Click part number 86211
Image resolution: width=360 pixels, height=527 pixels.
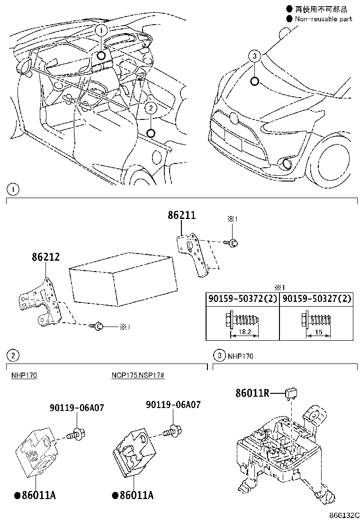[x=181, y=216]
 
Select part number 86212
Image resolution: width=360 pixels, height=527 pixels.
[x=46, y=257]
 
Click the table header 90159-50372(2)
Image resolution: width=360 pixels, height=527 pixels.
[x=242, y=299]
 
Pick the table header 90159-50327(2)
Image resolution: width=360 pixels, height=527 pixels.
[x=316, y=299]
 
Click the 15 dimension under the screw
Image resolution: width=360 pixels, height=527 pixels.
[x=318, y=333]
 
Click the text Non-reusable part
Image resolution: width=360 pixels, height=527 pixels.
[x=324, y=19]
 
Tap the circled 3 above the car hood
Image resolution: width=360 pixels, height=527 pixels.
[x=254, y=56]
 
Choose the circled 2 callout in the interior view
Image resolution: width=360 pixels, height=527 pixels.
[x=150, y=108]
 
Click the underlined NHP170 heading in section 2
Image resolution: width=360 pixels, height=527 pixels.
[x=24, y=375]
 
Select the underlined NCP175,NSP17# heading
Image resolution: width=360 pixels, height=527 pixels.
[x=138, y=375]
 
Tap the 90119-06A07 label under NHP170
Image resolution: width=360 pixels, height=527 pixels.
[x=77, y=408]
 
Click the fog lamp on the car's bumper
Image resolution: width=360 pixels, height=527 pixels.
[x=286, y=164]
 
